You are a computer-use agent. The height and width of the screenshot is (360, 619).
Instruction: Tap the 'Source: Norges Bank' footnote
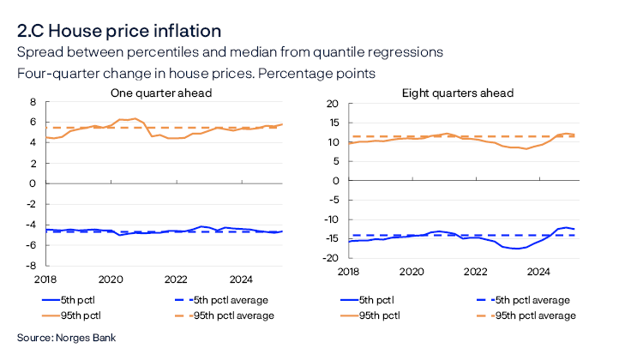coord(66,339)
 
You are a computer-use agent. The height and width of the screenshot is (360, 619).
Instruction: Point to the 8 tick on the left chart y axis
coord(32,102)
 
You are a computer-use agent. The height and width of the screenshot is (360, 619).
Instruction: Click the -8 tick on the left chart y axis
coord(29,265)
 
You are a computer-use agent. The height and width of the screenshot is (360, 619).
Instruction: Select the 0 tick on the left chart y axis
coord(32,183)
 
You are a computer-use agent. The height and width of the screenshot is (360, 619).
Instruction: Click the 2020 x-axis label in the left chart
coord(110,279)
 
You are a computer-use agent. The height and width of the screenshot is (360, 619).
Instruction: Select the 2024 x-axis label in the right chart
coord(538,272)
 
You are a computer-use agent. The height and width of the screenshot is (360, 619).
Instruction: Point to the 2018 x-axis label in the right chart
coord(347,272)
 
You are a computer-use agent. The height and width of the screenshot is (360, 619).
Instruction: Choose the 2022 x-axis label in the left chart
coord(176,279)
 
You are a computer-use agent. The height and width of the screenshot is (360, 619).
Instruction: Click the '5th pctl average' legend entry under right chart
coord(524,300)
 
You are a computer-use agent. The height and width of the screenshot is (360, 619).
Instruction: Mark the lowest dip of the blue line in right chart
coord(515,249)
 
